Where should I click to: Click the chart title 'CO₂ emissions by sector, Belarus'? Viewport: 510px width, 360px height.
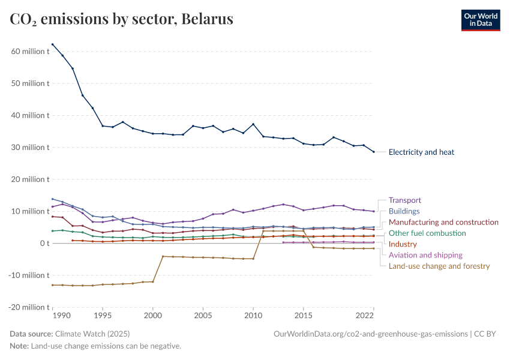point(121,19)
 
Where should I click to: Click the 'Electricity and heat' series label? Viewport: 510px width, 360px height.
point(421,152)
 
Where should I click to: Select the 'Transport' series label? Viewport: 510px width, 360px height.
point(404,200)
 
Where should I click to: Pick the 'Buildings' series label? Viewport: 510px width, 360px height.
point(404,211)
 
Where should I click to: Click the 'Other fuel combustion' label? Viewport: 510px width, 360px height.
point(427,233)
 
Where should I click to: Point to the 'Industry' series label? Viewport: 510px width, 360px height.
point(403,244)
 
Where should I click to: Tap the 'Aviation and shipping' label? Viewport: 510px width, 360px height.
point(425,255)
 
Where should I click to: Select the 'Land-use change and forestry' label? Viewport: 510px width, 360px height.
point(439,266)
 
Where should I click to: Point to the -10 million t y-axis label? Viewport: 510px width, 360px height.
point(29,275)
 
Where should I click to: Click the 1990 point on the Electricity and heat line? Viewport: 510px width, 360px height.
point(53,44)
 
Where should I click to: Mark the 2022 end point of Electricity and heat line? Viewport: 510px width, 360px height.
point(373,152)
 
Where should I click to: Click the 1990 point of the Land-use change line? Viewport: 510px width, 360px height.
point(53,285)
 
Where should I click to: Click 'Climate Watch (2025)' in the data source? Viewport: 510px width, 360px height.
point(92,334)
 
